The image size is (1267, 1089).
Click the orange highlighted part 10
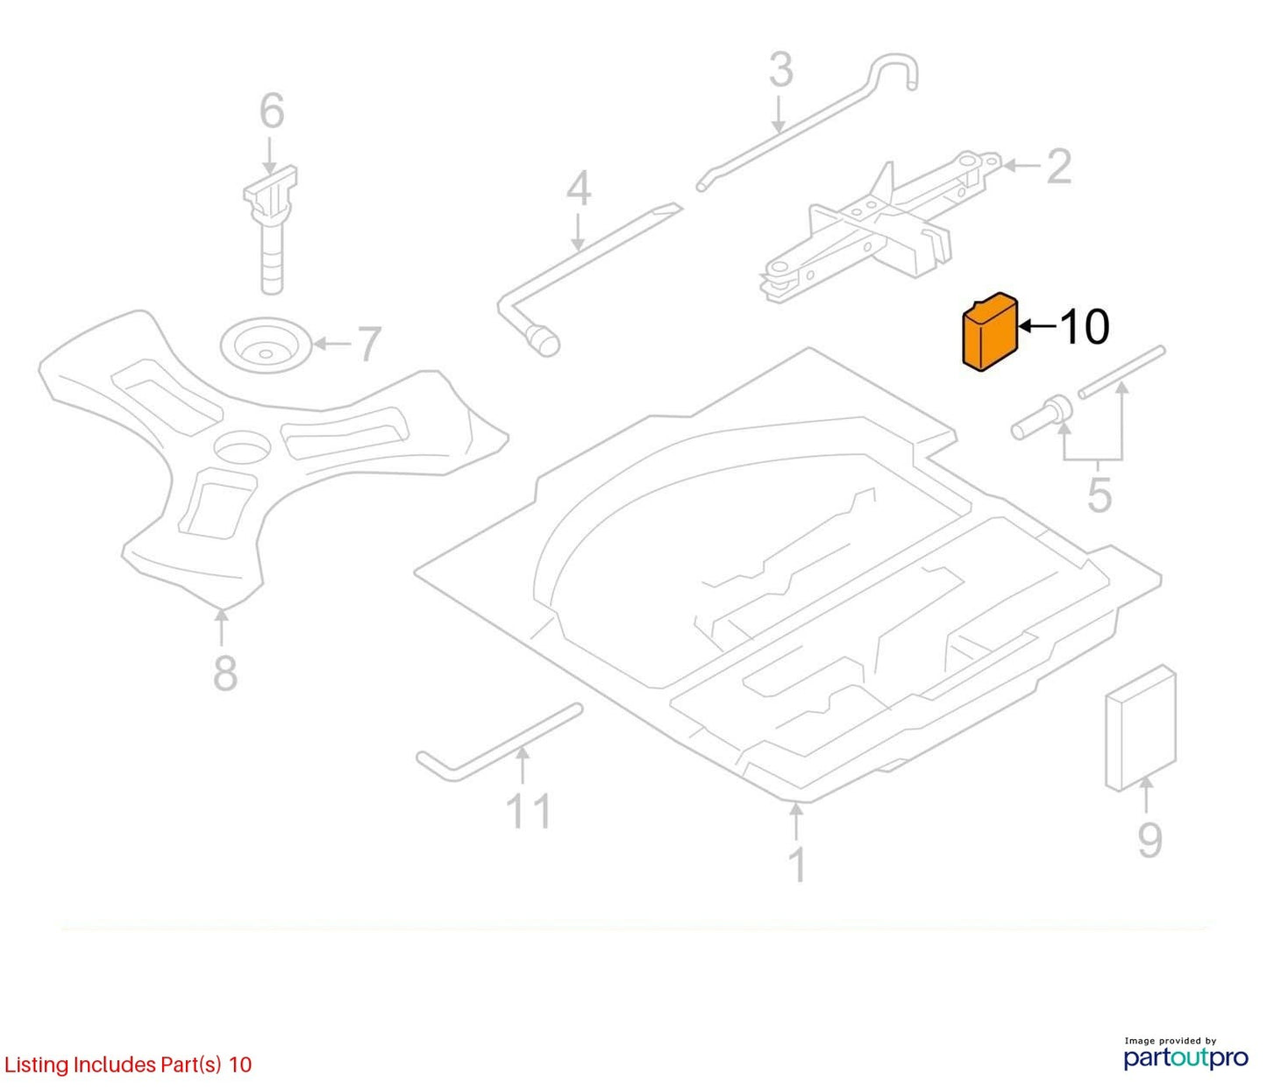click(x=989, y=333)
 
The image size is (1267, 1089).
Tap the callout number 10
click(x=1085, y=327)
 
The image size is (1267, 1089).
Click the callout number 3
click(x=781, y=70)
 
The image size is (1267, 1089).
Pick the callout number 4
click(x=578, y=189)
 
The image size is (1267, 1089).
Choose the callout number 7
click(x=368, y=344)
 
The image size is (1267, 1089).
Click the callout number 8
click(x=225, y=673)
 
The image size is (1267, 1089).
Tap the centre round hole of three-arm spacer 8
click(x=241, y=447)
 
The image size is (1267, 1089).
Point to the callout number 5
click(x=1099, y=495)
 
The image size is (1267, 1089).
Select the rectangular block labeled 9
click(x=1141, y=728)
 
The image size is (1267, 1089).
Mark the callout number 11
click(x=530, y=811)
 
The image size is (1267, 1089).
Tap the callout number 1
click(x=796, y=865)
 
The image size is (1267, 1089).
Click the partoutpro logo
click(x=1186, y=1058)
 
